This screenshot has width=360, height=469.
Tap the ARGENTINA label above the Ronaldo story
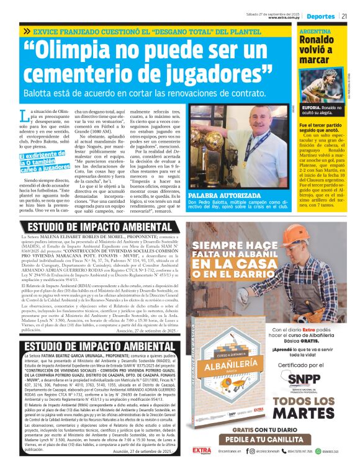click(315, 31)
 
